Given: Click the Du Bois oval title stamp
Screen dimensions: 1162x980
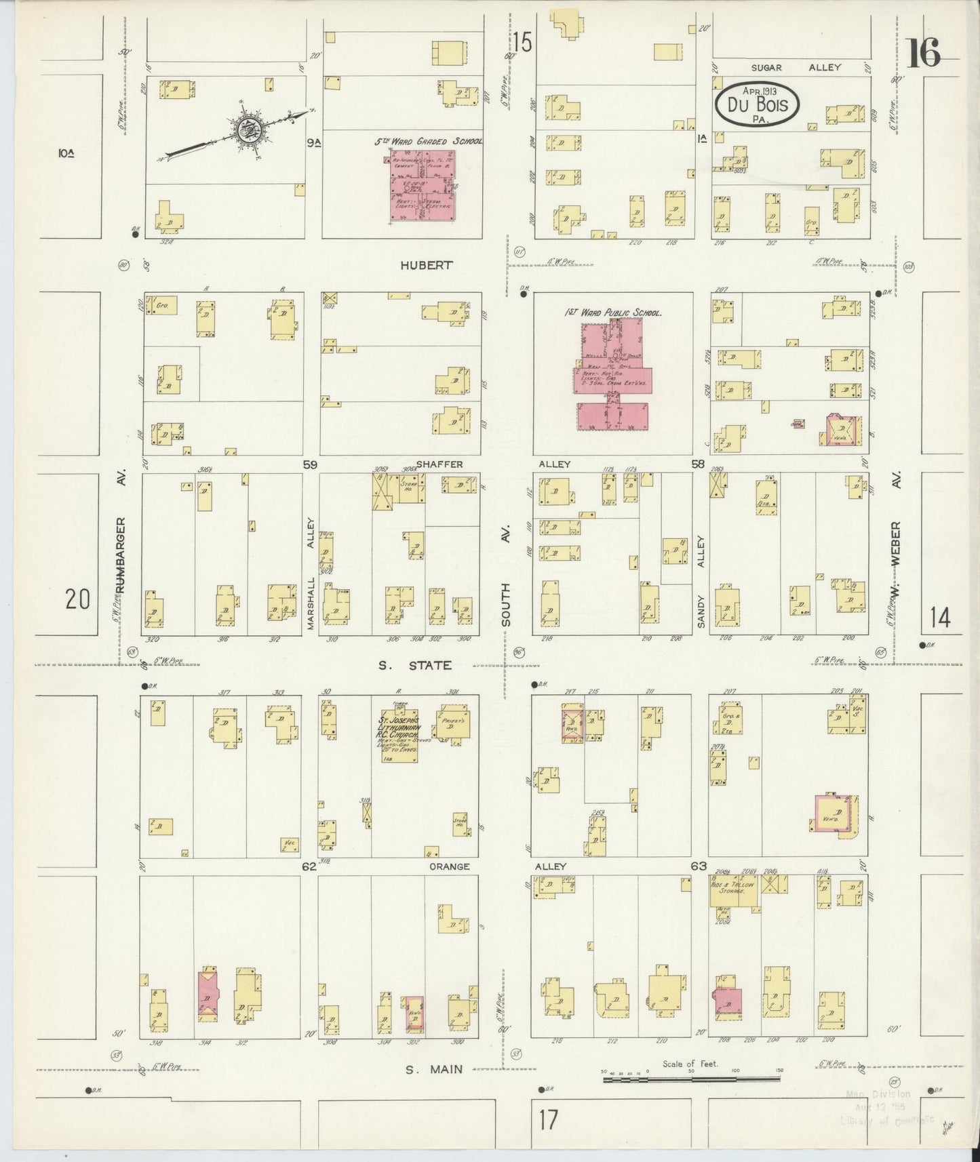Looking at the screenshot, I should coord(757,104).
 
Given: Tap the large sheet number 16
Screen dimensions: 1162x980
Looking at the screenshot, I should coord(923,53).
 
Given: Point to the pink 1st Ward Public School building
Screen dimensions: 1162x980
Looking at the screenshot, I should coord(612,376).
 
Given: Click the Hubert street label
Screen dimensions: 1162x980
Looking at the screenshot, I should coord(426,265).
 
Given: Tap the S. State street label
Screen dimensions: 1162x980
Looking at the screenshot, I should coord(414,665).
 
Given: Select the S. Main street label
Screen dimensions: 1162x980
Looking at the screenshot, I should coord(434,1069).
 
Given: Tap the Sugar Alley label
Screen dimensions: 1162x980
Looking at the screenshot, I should coord(796,67).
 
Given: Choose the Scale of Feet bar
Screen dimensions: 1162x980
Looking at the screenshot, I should coord(692,1078).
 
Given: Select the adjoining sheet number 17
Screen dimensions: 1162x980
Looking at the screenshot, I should coord(548,1119).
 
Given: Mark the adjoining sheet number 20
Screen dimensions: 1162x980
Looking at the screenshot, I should coord(78,599).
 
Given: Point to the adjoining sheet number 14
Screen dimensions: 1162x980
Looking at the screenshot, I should coord(940,618).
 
